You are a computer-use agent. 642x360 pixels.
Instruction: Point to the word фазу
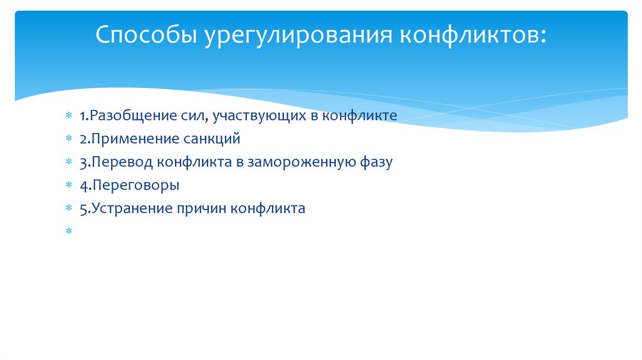[375, 162]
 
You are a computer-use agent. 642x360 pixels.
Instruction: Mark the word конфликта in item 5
[268, 209]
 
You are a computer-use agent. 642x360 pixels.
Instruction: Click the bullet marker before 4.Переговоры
[68, 186]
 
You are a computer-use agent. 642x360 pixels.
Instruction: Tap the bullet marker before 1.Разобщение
[68, 116]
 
